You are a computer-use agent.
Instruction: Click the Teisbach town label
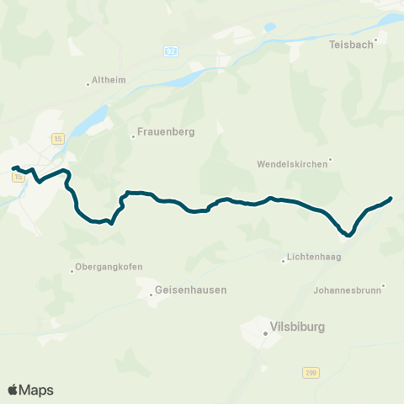pyautogui.click(x=350, y=45)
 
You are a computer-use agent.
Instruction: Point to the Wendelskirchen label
pyautogui.click(x=292, y=164)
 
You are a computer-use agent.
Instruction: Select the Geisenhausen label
pyautogui.click(x=191, y=290)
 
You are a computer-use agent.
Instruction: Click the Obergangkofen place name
pyautogui.click(x=109, y=267)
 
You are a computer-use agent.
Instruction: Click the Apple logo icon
pyautogui.click(x=13, y=390)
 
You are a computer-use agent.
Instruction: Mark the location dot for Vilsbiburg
pyautogui.click(x=264, y=333)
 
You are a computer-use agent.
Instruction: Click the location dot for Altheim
pyautogui.click(x=88, y=82)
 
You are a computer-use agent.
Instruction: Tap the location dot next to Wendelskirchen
pyautogui.click(x=331, y=158)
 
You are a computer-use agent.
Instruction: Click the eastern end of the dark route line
pyautogui.click(x=391, y=199)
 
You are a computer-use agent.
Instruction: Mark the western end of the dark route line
pyautogui.click(x=13, y=168)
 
